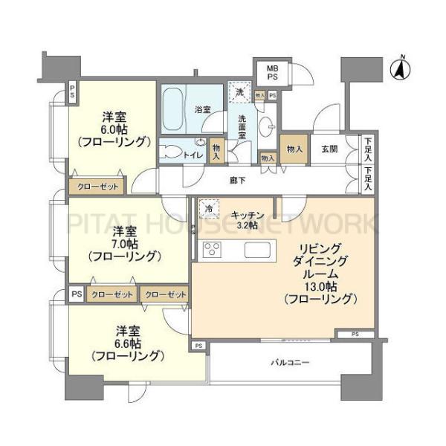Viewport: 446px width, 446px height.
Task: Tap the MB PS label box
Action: coord(272,73)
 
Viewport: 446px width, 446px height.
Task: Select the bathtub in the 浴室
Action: coord(173,109)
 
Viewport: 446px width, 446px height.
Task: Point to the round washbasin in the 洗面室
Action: coord(268,126)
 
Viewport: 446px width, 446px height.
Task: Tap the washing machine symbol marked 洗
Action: coord(240,92)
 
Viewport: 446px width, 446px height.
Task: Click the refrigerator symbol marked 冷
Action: coord(209,208)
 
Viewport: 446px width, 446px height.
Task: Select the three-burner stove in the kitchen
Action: coord(212,250)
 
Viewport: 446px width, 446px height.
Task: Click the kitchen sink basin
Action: coord(257,250)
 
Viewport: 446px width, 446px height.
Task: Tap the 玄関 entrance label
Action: coord(329,149)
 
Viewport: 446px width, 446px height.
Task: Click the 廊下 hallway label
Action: coord(238,181)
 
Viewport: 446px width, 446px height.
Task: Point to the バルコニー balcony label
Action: coord(290,363)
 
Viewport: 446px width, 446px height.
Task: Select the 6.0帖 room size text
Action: coord(114,129)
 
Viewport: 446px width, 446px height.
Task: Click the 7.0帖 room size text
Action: coord(125,244)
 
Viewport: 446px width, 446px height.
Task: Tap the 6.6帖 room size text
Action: coord(128,344)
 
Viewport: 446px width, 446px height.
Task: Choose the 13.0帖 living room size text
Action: coord(321,286)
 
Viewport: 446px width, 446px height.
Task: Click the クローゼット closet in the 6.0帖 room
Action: coord(97,187)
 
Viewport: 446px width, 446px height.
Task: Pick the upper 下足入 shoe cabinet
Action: coord(368,149)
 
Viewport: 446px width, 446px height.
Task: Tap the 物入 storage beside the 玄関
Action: coord(294,149)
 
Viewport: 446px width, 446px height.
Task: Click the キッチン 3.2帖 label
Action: coord(248,220)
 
